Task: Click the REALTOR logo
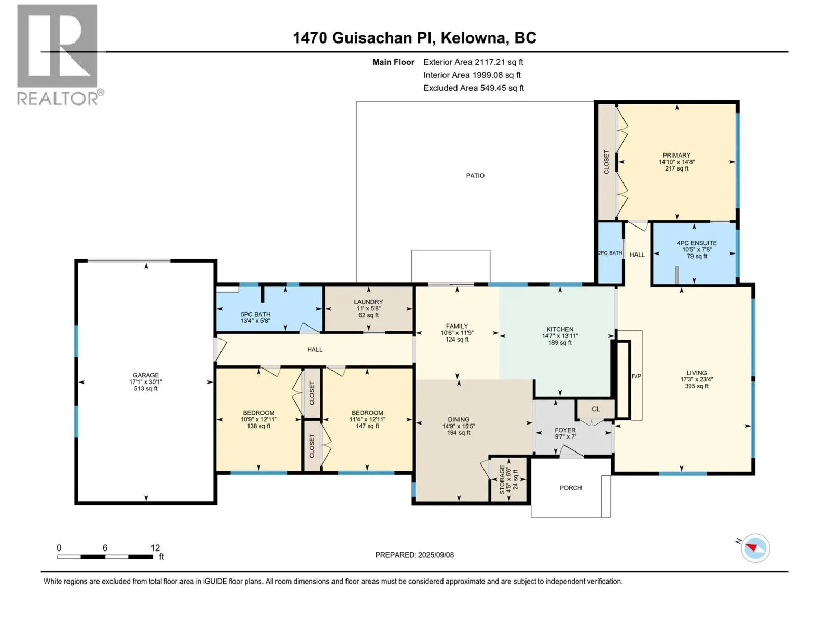click(x=60, y=55)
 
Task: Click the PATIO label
click(x=475, y=176)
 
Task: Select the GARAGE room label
click(x=146, y=375)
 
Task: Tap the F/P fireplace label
click(x=636, y=376)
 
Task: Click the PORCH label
click(x=571, y=488)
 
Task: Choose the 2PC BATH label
click(x=610, y=253)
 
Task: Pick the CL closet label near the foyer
click(x=596, y=409)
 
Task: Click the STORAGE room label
click(x=502, y=479)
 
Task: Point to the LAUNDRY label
click(x=368, y=302)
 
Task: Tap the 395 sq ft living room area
click(x=697, y=386)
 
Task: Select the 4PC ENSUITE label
click(x=697, y=243)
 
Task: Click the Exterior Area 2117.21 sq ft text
click(x=473, y=62)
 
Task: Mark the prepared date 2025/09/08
click(x=436, y=555)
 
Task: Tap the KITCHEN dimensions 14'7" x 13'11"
click(x=560, y=336)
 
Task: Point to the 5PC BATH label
click(x=256, y=314)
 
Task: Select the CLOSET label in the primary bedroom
click(x=606, y=162)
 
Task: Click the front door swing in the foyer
click(x=571, y=451)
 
